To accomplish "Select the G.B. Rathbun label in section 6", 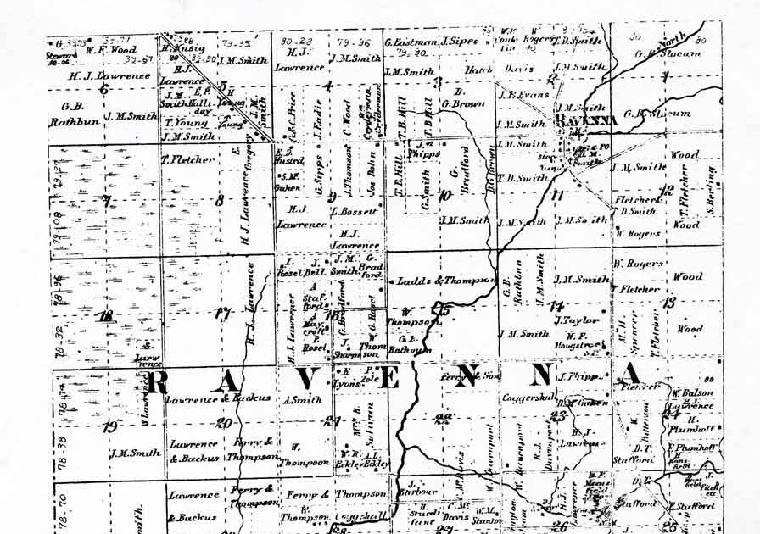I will point(74,113).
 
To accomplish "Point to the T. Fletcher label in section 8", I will point(188,159).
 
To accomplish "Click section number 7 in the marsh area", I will point(106,202).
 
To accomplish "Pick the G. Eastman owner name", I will point(409,42).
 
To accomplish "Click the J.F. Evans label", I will point(523,95).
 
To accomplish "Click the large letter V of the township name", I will point(308,378).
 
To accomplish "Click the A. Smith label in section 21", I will point(303,399).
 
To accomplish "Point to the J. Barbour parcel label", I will point(421,487).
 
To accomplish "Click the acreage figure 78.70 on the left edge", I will point(59,506).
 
